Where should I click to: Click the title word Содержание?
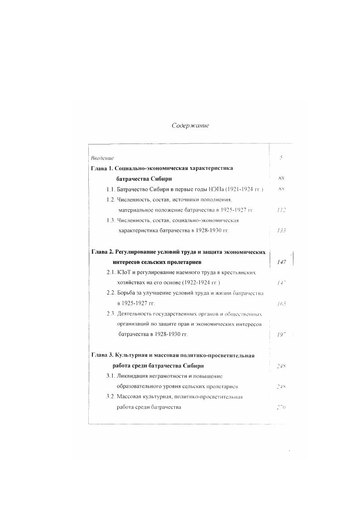190,125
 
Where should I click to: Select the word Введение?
102,158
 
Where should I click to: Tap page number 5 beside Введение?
281,158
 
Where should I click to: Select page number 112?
281,210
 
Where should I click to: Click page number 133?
281,230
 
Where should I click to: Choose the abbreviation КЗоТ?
124,273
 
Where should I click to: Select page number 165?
281,304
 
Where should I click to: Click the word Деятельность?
137,314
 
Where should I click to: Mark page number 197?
281,335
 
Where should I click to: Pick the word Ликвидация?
133,376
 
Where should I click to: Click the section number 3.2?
110,397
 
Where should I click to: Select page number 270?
281,407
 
